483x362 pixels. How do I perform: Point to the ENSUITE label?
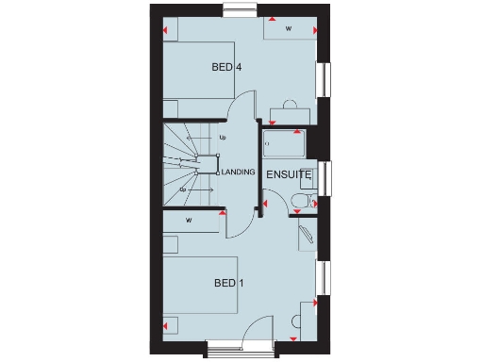pyautogui.click(x=288, y=175)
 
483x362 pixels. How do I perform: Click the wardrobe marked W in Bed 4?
pyautogui.click(x=288, y=29)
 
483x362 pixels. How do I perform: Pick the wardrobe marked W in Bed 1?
pyautogui.click(x=191, y=222)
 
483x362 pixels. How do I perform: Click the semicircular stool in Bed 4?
pyautogui.click(x=290, y=103)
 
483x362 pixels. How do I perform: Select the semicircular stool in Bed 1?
pyautogui.click(x=308, y=306)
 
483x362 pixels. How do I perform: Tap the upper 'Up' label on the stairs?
pyautogui.click(x=223, y=138)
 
